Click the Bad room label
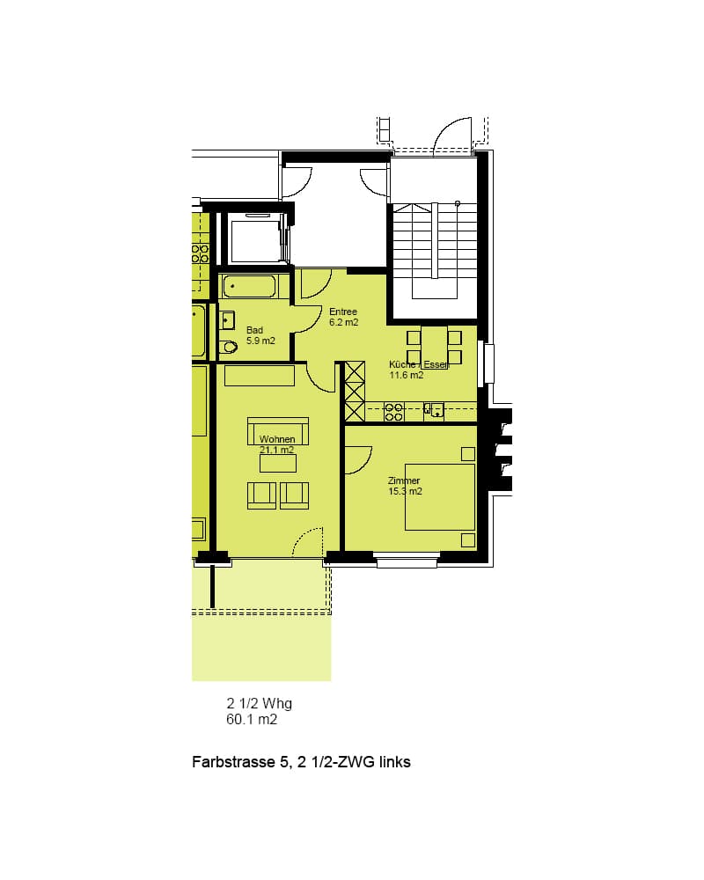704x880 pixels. (260, 335)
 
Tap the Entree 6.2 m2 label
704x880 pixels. (343, 317)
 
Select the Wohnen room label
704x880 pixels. (277, 444)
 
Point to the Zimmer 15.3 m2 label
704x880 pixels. (405, 486)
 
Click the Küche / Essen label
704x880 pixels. (419, 370)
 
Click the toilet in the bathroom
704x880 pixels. (229, 347)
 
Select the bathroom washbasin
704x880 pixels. (227, 320)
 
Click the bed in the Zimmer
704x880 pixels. (440, 496)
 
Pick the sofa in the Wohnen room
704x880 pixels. (278, 431)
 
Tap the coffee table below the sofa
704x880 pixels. (278, 463)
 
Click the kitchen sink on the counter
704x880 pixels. (434, 411)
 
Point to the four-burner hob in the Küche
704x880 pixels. (393, 412)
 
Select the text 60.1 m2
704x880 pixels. (252, 720)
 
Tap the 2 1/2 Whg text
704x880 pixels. (260, 703)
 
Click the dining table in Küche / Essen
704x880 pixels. (435, 348)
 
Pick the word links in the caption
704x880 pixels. (394, 762)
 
